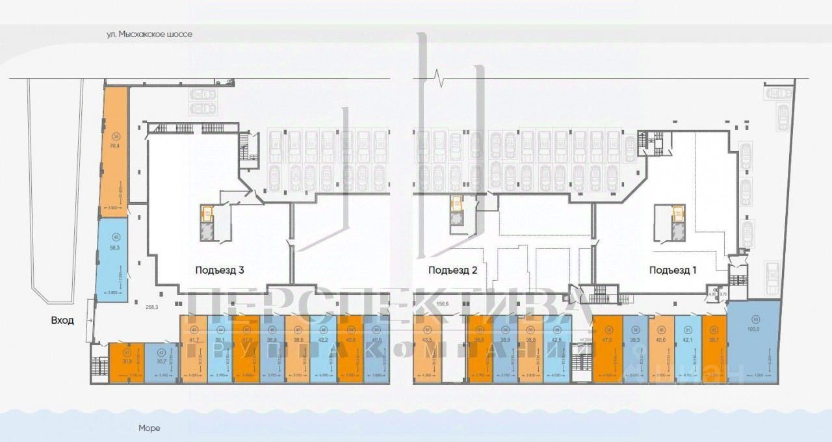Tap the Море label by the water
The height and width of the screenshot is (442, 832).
pyautogui.click(x=149, y=428)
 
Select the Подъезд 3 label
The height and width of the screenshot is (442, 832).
pyautogui.click(x=219, y=270)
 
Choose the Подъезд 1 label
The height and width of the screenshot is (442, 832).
pyautogui.click(x=673, y=270)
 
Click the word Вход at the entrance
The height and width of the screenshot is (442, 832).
pyautogui.click(x=63, y=320)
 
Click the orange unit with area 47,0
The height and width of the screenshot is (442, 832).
pyautogui.click(x=608, y=351)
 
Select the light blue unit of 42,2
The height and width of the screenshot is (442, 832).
pyautogui.click(x=323, y=351)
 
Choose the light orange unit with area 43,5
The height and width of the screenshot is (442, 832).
pyautogui.click(x=426, y=351)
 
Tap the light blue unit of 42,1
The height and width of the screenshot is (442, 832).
pyautogui.click(x=688, y=351)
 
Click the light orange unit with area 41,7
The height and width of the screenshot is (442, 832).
pyautogui.click(x=194, y=351)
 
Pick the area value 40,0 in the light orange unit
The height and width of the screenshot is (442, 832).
pyautogui.click(x=661, y=339)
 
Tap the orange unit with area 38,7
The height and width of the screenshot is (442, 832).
pyautogui.click(x=714, y=351)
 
